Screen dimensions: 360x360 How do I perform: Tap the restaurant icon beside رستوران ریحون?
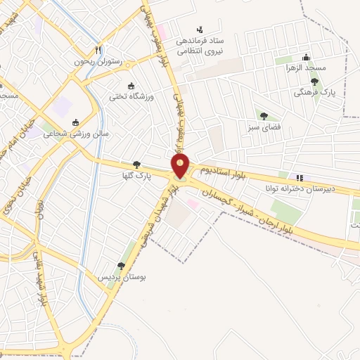(99, 51)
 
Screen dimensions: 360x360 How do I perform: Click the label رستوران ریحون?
(99, 62)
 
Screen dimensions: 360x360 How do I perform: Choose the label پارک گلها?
(133, 174)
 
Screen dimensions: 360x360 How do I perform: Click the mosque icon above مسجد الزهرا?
(305, 58)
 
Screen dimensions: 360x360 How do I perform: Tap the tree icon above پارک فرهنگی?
(314, 82)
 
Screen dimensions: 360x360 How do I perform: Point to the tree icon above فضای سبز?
(264, 116)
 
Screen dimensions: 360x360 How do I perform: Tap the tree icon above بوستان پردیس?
(121, 266)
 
